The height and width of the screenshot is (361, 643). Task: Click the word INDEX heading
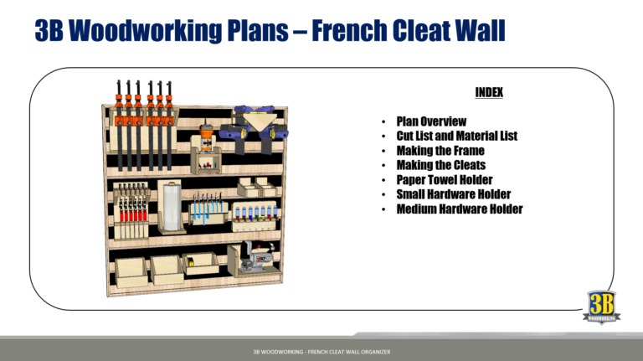click(x=488, y=92)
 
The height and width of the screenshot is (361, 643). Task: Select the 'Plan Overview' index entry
click(x=431, y=121)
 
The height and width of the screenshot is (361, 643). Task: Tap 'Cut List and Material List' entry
click(x=456, y=136)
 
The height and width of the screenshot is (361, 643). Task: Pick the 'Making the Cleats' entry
click(x=440, y=165)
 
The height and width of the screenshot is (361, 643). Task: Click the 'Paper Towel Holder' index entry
click(x=444, y=179)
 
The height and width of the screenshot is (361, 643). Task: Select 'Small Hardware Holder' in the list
click(x=453, y=194)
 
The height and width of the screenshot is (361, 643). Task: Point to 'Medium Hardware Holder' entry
click(x=459, y=209)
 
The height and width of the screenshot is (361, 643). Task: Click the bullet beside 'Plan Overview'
click(x=382, y=122)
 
